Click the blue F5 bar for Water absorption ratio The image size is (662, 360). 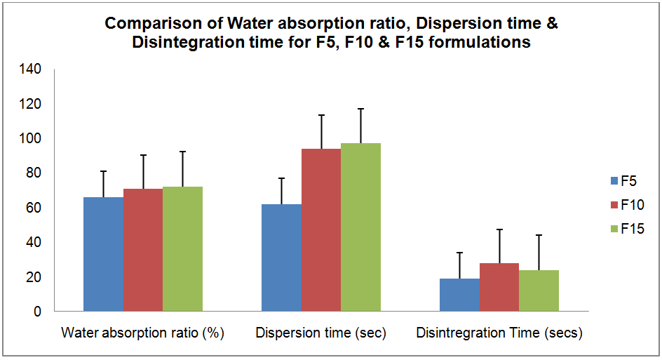103,254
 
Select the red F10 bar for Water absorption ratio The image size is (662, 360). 143,250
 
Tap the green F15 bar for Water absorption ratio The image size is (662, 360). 182,248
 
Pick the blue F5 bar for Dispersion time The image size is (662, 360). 281,258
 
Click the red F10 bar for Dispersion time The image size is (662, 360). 321,230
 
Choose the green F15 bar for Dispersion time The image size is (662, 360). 360,227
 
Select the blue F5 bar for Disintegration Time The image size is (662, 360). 459,295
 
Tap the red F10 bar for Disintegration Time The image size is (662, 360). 499,287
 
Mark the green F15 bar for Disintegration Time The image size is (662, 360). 539,291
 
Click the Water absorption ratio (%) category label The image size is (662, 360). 143,333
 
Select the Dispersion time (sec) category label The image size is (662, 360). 321,333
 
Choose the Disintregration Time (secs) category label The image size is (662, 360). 499,333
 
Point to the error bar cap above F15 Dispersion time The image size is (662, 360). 360,109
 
